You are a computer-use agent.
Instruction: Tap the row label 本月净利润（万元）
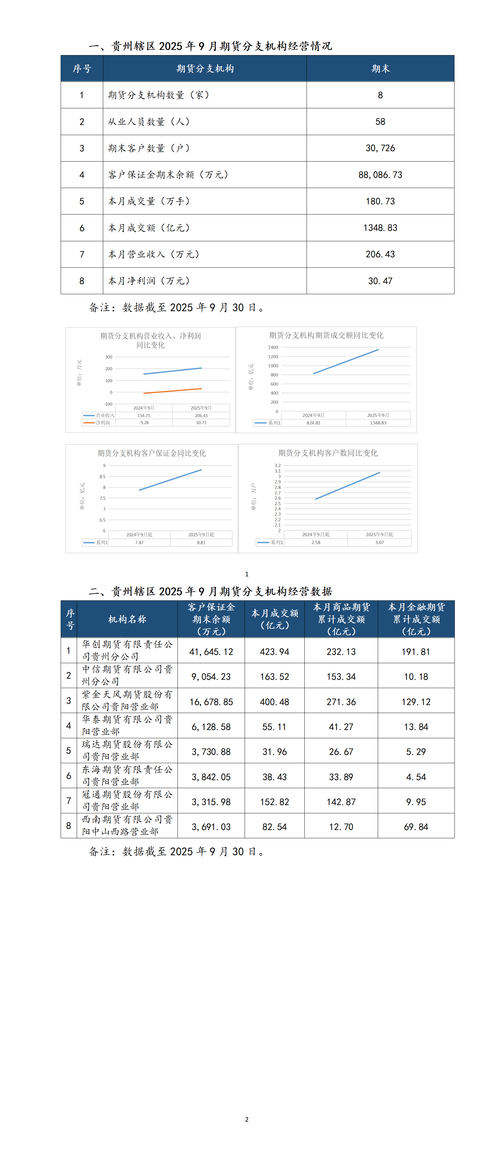click(x=149, y=281)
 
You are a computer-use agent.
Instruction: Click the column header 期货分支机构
click(x=205, y=69)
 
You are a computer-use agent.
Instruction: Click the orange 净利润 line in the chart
click(x=173, y=391)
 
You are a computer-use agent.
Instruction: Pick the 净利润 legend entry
click(x=102, y=423)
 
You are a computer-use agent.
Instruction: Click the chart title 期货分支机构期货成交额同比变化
click(x=326, y=335)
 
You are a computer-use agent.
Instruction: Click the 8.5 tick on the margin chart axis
click(x=103, y=476)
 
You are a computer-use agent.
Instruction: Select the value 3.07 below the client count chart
click(x=379, y=542)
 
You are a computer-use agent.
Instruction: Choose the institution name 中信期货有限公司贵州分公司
click(x=127, y=675)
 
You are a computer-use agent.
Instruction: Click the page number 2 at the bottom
click(x=247, y=1119)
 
